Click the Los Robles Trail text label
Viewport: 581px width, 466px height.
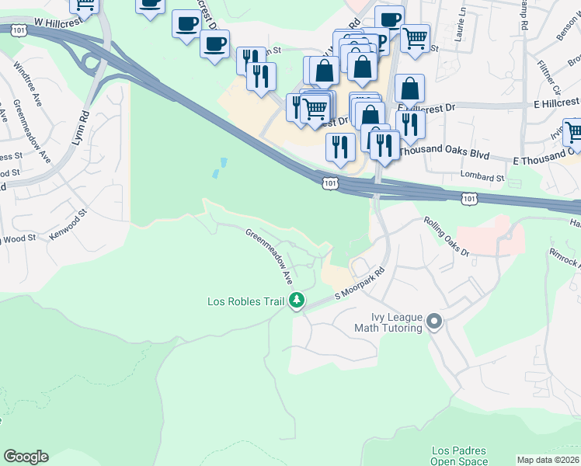pos(245,301)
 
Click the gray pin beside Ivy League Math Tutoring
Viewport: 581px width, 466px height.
pos(434,321)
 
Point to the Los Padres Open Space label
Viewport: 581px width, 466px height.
pos(459,456)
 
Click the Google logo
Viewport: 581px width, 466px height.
pos(26,457)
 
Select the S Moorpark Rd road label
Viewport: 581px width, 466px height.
pos(360,286)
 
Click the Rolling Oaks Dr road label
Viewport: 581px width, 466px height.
pos(447,236)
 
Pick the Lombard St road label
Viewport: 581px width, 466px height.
pos(482,177)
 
